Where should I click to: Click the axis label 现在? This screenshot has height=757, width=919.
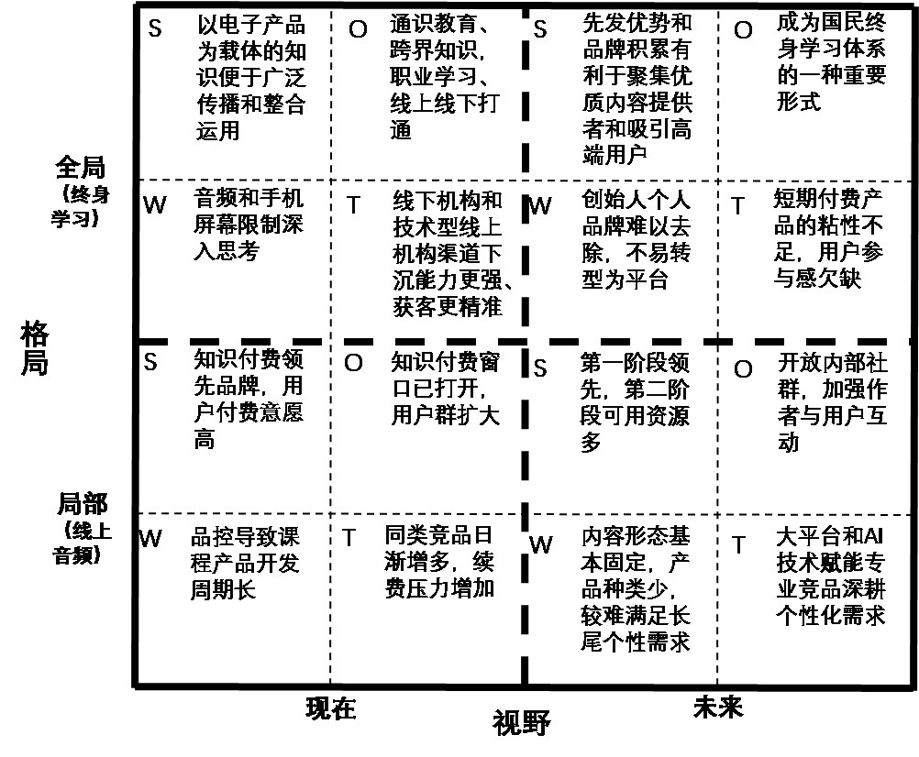(x=330, y=708)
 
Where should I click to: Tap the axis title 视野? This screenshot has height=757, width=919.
(x=521, y=723)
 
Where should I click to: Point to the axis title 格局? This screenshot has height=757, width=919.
(x=34, y=347)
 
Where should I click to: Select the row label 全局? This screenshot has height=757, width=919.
(x=81, y=169)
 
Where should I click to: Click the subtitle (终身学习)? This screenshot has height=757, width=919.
(x=81, y=207)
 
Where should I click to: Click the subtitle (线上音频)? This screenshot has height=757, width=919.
(x=82, y=542)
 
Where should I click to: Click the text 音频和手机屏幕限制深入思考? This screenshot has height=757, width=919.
(x=249, y=225)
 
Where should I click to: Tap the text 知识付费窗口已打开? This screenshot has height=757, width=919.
(x=446, y=375)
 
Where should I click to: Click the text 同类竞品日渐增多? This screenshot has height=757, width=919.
(x=441, y=547)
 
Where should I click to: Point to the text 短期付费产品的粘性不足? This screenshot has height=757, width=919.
(x=828, y=225)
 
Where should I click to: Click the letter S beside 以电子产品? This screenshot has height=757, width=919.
(x=154, y=28)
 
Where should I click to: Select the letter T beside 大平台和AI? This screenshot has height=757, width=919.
(x=738, y=545)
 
